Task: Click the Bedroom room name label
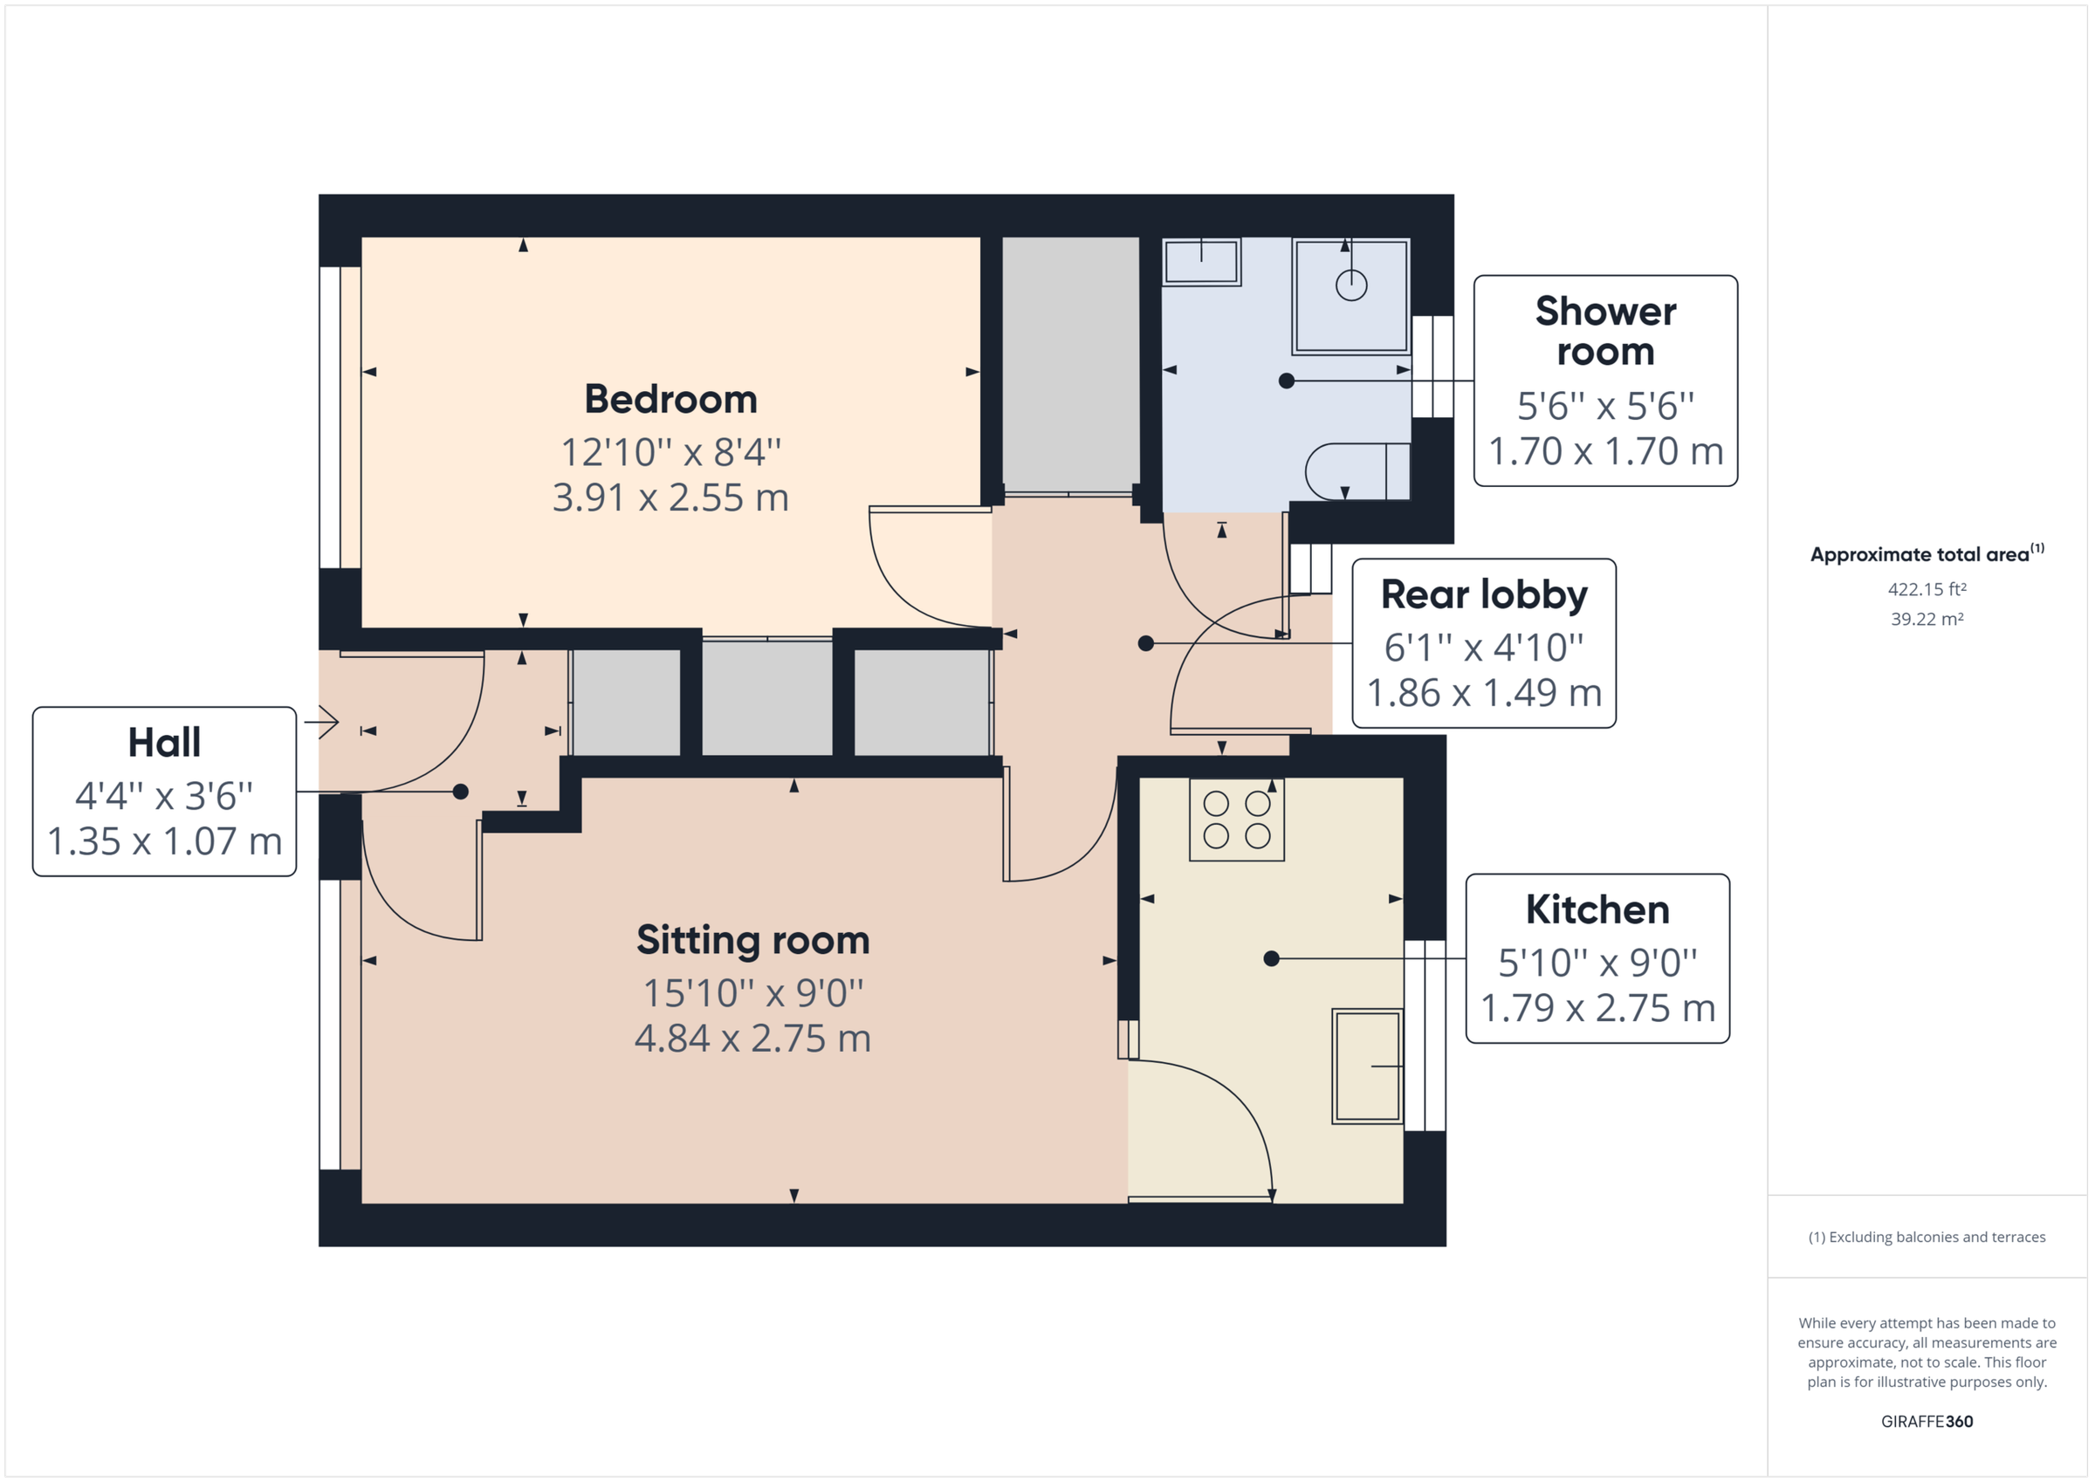[x=670, y=399]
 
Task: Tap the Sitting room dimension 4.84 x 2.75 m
[x=752, y=1039]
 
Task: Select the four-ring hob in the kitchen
[x=1236, y=819]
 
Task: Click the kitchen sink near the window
[x=1366, y=1065]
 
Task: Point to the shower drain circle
[x=1350, y=285]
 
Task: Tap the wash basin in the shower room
[x=1201, y=262]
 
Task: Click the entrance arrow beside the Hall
[x=322, y=723]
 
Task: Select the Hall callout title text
[x=164, y=742]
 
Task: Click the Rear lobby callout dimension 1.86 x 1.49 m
[x=1484, y=694]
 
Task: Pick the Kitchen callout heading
[x=1597, y=909]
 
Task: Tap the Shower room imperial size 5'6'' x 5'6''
[x=1605, y=406]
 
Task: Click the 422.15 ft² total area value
[x=1927, y=589]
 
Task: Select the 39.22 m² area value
[x=1927, y=619]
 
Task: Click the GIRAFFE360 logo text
[x=1927, y=1421]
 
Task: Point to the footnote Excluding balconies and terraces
[x=1927, y=1237]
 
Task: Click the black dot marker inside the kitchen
[x=1271, y=958]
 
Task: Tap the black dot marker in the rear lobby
[x=1146, y=643]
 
